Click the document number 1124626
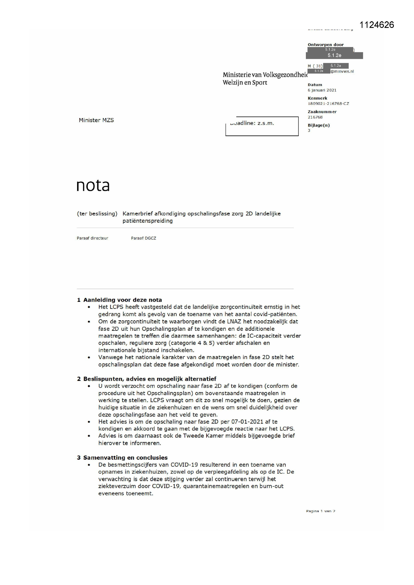coord(376,25)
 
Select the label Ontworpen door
coord(326,45)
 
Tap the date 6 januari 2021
coord(322,90)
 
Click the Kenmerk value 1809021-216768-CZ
coord(328,104)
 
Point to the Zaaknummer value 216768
coord(315,117)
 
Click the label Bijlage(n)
coord(319,125)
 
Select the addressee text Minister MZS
coord(96,120)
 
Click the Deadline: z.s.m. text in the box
coord(252,123)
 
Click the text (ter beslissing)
coord(97,214)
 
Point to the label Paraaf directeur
coord(92,238)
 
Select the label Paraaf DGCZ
coord(143,238)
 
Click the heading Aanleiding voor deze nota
coord(122,300)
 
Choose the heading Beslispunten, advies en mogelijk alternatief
coord(150,379)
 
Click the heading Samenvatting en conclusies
coord(125,458)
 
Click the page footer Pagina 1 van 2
coord(320,511)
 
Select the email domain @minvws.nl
coord(342,72)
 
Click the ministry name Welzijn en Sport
coord(245,83)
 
